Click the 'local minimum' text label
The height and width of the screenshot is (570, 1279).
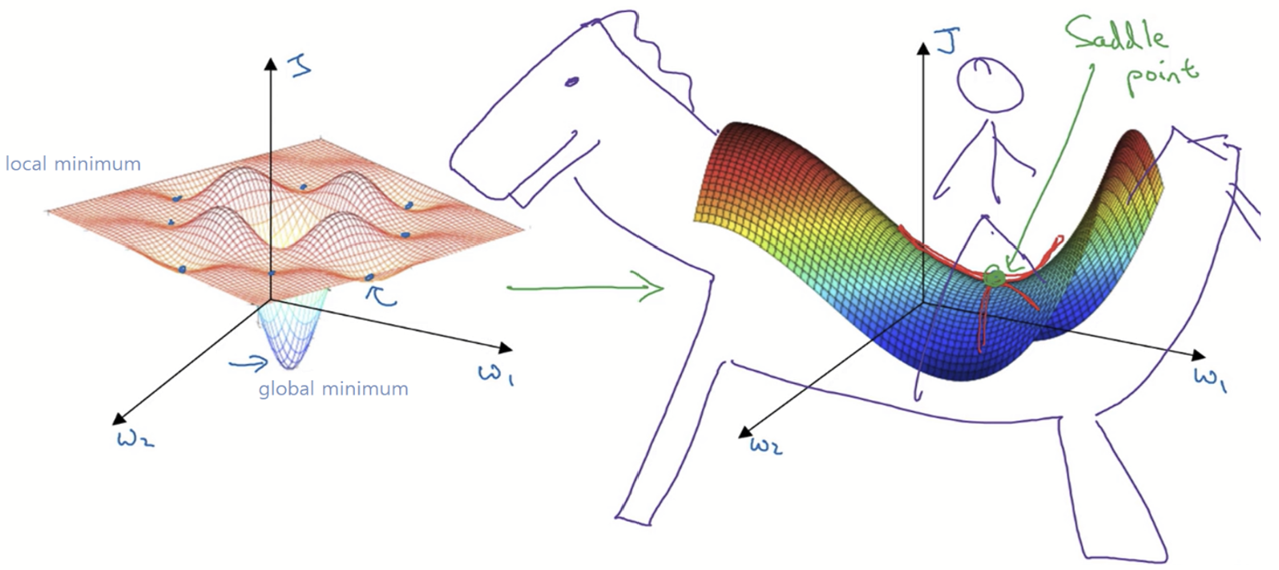click(73, 164)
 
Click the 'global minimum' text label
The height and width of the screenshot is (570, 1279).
click(333, 389)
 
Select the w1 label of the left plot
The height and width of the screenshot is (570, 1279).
click(496, 374)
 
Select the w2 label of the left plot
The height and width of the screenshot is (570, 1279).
click(135, 439)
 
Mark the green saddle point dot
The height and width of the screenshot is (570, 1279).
click(995, 278)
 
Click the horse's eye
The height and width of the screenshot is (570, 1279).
click(571, 81)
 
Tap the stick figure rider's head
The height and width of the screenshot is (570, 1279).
click(991, 85)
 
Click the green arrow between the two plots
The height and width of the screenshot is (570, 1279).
click(586, 287)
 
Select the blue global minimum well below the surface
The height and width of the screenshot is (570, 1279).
click(291, 337)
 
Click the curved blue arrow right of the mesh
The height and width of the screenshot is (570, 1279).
click(381, 295)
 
